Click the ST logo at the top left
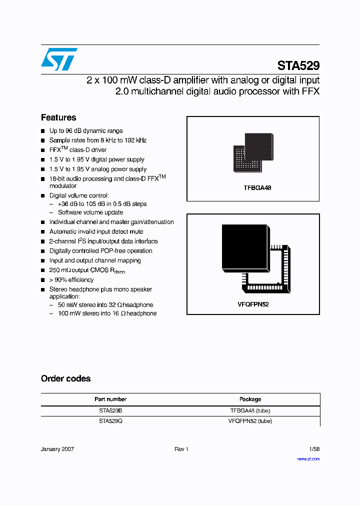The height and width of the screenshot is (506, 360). point(59,59)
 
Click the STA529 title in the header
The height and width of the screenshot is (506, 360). point(298,66)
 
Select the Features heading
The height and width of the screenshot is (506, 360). point(58,117)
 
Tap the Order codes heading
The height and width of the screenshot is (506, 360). point(65,378)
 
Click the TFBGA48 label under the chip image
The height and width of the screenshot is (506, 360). point(253,188)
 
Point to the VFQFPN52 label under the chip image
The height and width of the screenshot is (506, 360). point(253,304)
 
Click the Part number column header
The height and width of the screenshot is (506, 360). point(110,399)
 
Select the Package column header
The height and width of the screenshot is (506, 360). point(250,399)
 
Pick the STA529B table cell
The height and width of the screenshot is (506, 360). point(110,410)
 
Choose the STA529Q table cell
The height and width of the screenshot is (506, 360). point(110,421)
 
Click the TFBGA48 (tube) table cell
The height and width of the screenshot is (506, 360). point(250,410)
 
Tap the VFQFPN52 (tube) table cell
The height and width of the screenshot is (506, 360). point(250,421)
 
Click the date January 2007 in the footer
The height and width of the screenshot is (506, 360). point(57,449)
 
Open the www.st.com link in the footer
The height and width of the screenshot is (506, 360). point(308,458)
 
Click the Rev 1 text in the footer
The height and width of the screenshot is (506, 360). point(181,449)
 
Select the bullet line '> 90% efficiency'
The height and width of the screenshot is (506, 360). point(71,280)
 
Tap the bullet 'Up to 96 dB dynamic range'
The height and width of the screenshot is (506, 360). point(86,131)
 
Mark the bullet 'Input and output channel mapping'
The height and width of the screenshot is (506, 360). point(95,260)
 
